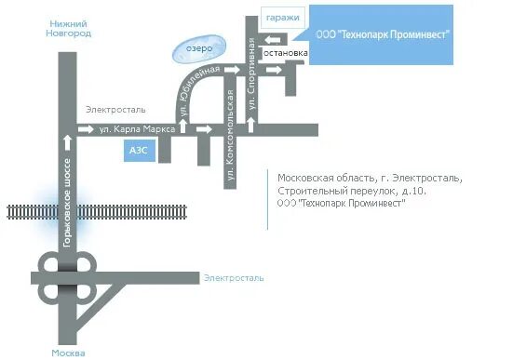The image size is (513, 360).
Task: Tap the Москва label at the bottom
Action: click(x=69, y=353)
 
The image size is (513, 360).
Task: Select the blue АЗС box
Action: click(x=137, y=152)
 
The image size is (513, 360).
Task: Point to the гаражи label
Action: click(x=283, y=19)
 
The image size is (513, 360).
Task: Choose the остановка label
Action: click(x=286, y=53)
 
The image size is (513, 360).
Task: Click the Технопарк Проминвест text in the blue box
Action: click(x=384, y=34)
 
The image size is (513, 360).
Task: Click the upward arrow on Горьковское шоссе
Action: click(x=67, y=142)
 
